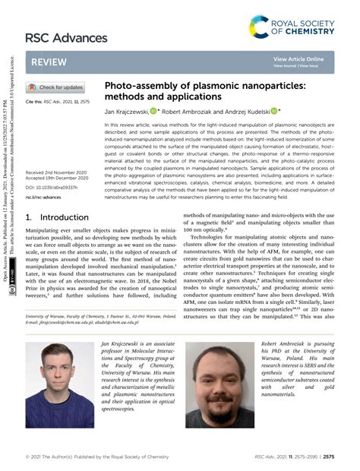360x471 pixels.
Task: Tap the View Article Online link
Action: (298, 58)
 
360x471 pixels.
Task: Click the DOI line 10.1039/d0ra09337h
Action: (53, 187)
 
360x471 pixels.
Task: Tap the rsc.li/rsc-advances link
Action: (45, 197)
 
